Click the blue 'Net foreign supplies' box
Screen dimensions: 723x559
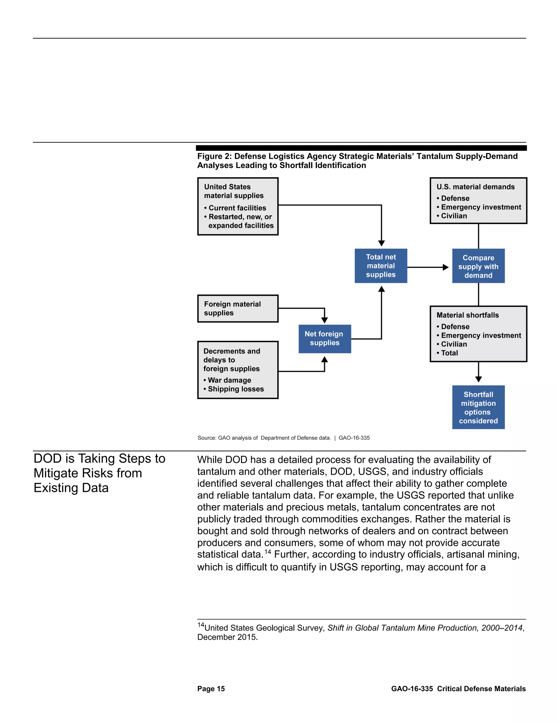click(x=325, y=339)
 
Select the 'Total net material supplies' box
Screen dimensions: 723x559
click(x=381, y=266)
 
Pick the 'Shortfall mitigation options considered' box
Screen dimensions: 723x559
click(x=478, y=407)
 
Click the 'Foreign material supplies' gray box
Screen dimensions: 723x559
click(x=237, y=309)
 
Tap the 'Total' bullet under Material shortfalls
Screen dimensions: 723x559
click(x=449, y=353)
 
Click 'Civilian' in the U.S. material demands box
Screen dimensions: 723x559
click(x=454, y=216)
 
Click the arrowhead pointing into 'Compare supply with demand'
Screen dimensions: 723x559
click(x=446, y=267)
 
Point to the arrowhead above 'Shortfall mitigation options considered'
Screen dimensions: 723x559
click(x=478, y=379)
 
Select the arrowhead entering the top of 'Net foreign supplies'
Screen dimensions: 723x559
click(x=325, y=320)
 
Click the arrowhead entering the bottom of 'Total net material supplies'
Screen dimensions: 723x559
click(x=382, y=289)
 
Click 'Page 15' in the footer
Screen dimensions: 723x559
click(x=211, y=689)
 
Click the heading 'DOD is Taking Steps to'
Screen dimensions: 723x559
click(x=99, y=459)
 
